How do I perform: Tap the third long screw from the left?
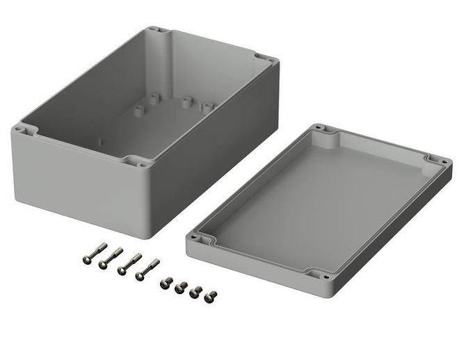coord(129,263)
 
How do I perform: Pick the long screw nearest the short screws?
coord(147,268)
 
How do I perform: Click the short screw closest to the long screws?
coord(166,282)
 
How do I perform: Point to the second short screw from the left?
coord(181,286)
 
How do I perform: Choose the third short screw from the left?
coord(196,291)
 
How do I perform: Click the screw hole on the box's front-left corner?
coord(19,128)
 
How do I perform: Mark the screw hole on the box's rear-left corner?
coord(154,31)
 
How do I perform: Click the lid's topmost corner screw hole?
coord(319,128)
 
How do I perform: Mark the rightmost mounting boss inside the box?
coord(207,106)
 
